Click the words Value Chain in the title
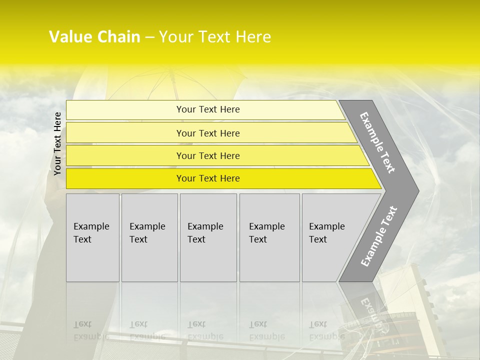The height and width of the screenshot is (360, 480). tap(94, 37)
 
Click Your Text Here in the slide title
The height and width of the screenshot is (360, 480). tap(215, 37)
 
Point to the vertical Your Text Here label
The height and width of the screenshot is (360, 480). tap(57, 143)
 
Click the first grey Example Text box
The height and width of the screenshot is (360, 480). tap(92, 237)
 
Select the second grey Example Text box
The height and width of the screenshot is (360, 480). tap(149, 237)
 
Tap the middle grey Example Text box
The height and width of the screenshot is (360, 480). tap(208, 237)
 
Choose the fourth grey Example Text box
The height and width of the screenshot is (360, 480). tap(269, 237)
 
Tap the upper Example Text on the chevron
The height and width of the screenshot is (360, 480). tap(377, 142)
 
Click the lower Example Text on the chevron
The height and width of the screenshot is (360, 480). tap(378, 236)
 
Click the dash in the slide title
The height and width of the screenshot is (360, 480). tap(149, 37)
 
